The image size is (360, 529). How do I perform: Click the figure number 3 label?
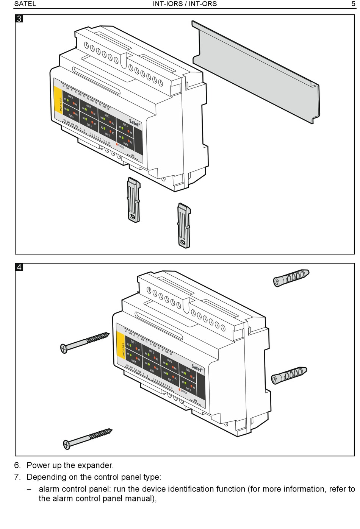click(x=19, y=19)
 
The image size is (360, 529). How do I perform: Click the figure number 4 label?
click(x=19, y=267)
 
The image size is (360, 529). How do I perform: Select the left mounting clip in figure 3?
click(x=133, y=200)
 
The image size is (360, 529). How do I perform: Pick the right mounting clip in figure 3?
click(x=184, y=225)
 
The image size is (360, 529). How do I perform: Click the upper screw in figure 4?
click(x=85, y=342)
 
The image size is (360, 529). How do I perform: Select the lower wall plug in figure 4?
click(x=289, y=375)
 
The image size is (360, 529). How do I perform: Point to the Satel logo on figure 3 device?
click(x=135, y=122)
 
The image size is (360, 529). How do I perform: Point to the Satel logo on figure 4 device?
click(x=197, y=367)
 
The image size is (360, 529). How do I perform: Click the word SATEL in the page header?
click(x=25, y=4)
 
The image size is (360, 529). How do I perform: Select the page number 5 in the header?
click(x=353, y=4)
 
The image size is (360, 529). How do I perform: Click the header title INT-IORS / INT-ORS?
click(x=185, y=4)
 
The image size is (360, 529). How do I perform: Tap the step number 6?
click(x=17, y=465)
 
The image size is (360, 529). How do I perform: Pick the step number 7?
click(x=17, y=477)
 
